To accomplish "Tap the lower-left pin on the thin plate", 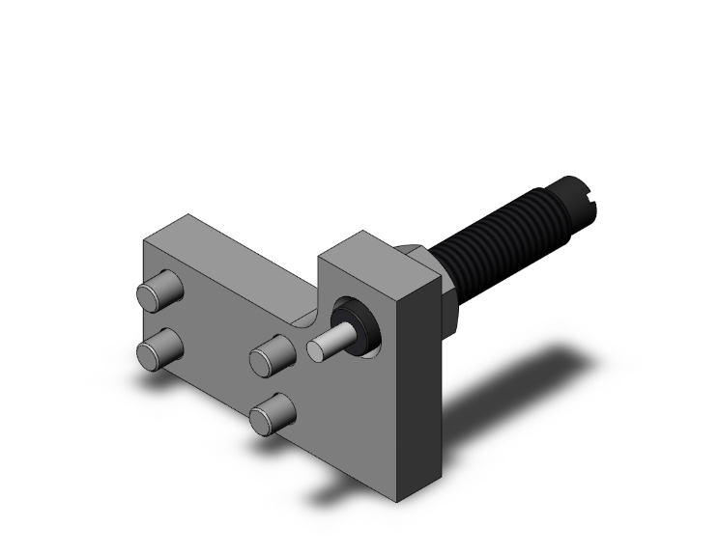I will (x=159, y=349).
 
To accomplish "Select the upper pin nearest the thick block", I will (x=272, y=355).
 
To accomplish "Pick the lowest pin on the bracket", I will (x=270, y=416).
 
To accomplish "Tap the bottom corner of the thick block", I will (x=397, y=503).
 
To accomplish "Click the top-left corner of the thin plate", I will (x=144, y=237).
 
